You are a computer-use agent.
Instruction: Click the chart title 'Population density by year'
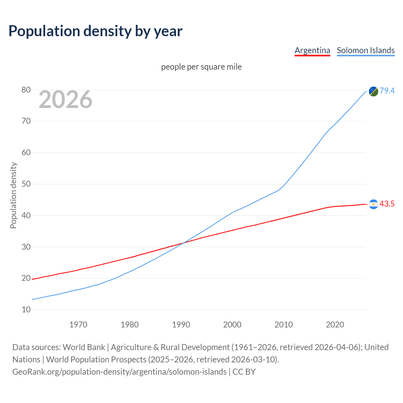tap(95, 31)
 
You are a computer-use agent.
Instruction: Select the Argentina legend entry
tap(312, 50)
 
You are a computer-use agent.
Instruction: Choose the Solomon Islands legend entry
tap(366, 50)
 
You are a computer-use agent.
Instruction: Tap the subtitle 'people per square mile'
tap(201, 67)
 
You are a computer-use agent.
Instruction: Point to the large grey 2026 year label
tap(65, 100)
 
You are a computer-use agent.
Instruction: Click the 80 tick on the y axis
tap(26, 90)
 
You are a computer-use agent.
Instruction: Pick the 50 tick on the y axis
tap(26, 184)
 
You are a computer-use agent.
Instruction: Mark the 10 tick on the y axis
tap(26, 310)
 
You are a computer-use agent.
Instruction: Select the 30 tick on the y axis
tap(26, 247)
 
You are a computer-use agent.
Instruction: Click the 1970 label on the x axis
tap(78, 325)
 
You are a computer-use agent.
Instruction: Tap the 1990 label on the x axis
tap(181, 325)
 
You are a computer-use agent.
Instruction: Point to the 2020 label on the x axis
tap(335, 325)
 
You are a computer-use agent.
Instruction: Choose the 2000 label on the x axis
tap(232, 325)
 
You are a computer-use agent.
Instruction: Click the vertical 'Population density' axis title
tap(13, 195)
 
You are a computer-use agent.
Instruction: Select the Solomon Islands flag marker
tap(373, 91)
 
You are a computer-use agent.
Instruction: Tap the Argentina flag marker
tap(373, 204)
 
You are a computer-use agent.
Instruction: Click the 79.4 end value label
tap(387, 91)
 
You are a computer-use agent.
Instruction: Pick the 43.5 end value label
tap(387, 204)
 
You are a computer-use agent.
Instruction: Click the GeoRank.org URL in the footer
tap(119, 372)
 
